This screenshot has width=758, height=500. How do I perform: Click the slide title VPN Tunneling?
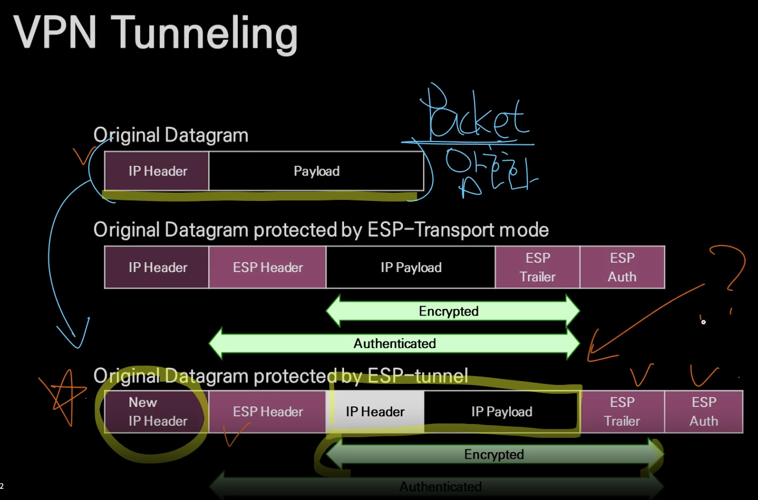[x=155, y=33]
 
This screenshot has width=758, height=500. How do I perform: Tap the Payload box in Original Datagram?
[x=316, y=171]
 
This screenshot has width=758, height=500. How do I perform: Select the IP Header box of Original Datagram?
[x=157, y=171]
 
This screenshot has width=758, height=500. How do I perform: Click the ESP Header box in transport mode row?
[x=268, y=268]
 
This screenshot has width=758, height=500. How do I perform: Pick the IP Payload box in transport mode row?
[x=411, y=268]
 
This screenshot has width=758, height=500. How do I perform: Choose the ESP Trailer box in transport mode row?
[x=537, y=268]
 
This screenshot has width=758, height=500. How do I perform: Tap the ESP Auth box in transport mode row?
[x=622, y=268]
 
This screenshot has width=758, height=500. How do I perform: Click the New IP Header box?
[x=157, y=412]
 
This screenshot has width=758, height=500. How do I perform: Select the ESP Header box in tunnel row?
[x=268, y=412]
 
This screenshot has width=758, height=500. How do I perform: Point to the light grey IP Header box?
[x=375, y=412]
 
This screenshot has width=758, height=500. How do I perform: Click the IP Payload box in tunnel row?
[x=501, y=412]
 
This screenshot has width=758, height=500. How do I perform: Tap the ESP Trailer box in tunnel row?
[x=622, y=412]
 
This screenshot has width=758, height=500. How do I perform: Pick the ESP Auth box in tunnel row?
[x=704, y=412]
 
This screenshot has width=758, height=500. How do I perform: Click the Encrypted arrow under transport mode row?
[x=449, y=312]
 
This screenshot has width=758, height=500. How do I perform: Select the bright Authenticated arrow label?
[x=394, y=344]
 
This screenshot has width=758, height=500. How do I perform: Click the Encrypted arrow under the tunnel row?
[x=494, y=455]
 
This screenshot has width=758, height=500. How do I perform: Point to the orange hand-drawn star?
[x=62, y=395]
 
